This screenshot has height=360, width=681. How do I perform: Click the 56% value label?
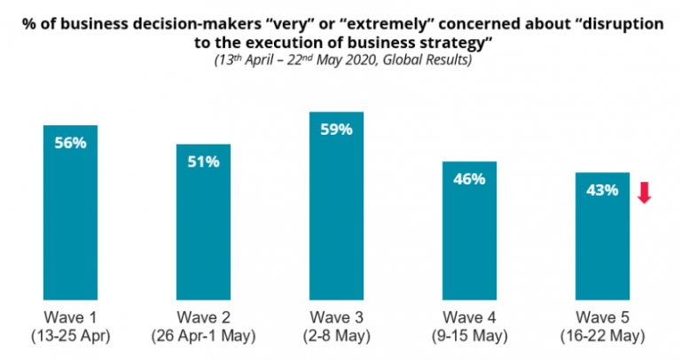pyautogui.click(x=70, y=142)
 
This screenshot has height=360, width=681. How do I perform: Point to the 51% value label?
pyautogui.click(x=204, y=161)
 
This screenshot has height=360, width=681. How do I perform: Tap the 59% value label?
pyautogui.click(x=336, y=129)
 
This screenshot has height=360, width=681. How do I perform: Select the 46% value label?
pyautogui.click(x=470, y=179)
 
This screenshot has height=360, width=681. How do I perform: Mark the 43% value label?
pyautogui.click(x=601, y=190)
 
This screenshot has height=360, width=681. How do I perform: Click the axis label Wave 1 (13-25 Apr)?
pyautogui.click(x=70, y=326)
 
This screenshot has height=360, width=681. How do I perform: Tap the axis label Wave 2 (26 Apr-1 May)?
pyautogui.click(x=204, y=326)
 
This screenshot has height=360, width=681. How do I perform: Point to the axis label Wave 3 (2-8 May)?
pyautogui.click(x=336, y=326)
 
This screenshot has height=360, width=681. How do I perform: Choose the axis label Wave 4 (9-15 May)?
pyautogui.click(x=470, y=326)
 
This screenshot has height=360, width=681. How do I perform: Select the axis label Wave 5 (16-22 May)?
pyautogui.click(x=602, y=326)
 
